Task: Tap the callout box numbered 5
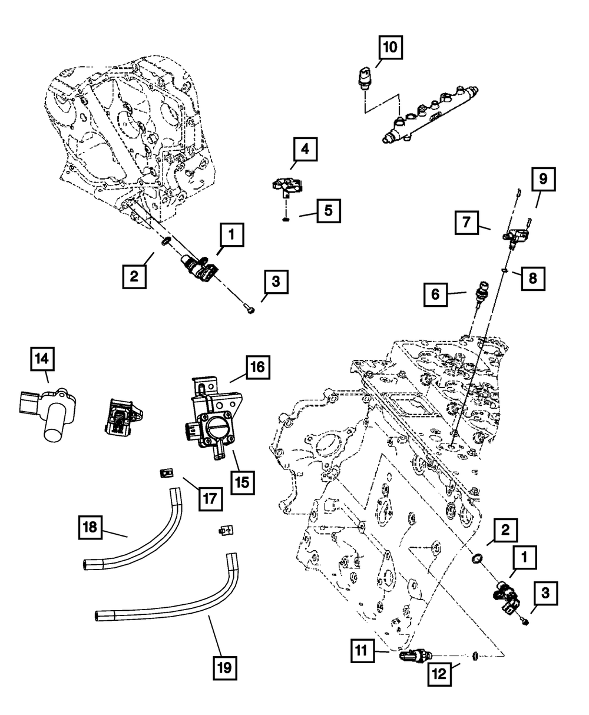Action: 328,211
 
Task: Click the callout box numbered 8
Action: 532,278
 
